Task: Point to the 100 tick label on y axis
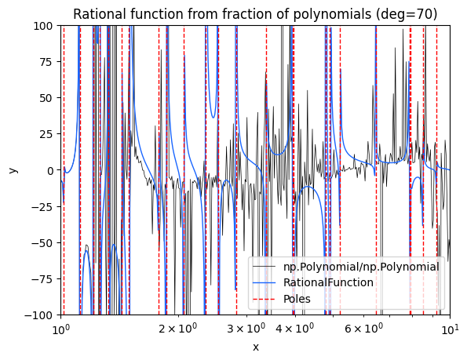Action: pyautogui.click(x=43, y=26)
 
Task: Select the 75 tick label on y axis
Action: pyautogui.click(x=47, y=62)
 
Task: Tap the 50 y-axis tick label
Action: pyautogui.click(x=47, y=98)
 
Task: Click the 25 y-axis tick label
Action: pyautogui.click(x=47, y=134)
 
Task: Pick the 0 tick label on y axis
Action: pyautogui.click(x=51, y=170)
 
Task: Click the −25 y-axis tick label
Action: pyautogui.click(x=43, y=207)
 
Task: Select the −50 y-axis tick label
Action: pyautogui.click(x=43, y=243)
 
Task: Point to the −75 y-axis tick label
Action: pyautogui.click(x=43, y=279)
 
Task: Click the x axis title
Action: pyautogui.click(x=256, y=347)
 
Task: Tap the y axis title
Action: pyautogui.click(x=13, y=170)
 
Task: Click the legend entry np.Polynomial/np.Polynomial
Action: pyautogui.click(x=361, y=267)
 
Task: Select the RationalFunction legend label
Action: pyautogui.click(x=328, y=282)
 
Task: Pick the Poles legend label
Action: pyautogui.click(x=297, y=299)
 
